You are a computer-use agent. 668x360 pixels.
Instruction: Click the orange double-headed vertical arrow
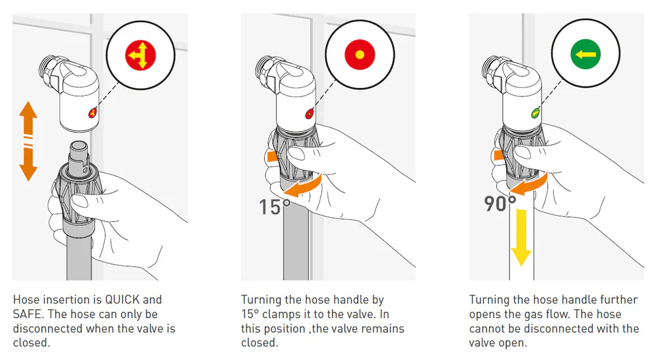coord(29,141)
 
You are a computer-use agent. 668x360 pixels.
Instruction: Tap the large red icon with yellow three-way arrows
coord(141,55)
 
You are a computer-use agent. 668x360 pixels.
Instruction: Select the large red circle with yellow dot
coord(359,55)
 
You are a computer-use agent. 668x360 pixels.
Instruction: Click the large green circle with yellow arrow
coord(586,54)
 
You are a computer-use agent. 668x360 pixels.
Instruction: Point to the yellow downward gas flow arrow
coord(521,238)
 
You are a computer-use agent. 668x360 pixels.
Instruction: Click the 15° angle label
coord(275,207)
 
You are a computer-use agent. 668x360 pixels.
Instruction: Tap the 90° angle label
coord(500,203)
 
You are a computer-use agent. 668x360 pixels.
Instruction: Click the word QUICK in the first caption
coord(123,299)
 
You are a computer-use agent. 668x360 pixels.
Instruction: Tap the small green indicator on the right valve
coord(535,113)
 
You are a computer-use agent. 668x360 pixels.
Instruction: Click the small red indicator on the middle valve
coord(309,113)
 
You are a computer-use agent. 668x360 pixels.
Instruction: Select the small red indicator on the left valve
coord(93,113)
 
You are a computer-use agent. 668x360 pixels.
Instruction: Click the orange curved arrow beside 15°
coord(303,185)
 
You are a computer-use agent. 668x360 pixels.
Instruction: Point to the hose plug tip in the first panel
coord(79,149)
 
